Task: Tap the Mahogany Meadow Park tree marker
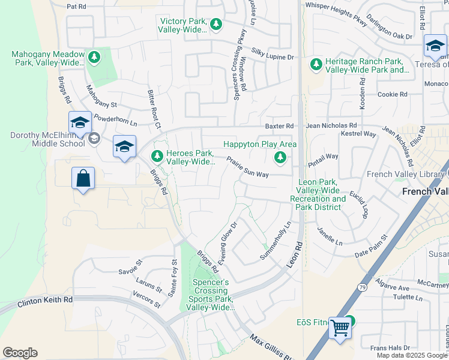tap(94, 58)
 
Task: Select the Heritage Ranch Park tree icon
tap(316, 64)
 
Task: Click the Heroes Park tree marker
tap(157, 156)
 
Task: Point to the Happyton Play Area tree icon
tap(280, 158)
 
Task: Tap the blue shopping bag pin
tap(83, 178)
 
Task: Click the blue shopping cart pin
tap(340, 328)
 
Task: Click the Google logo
tap(20, 353)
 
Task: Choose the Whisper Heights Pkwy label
tap(336, 5)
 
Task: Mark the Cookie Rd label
tap(393, 94)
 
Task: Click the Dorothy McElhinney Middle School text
tap(47, 139)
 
